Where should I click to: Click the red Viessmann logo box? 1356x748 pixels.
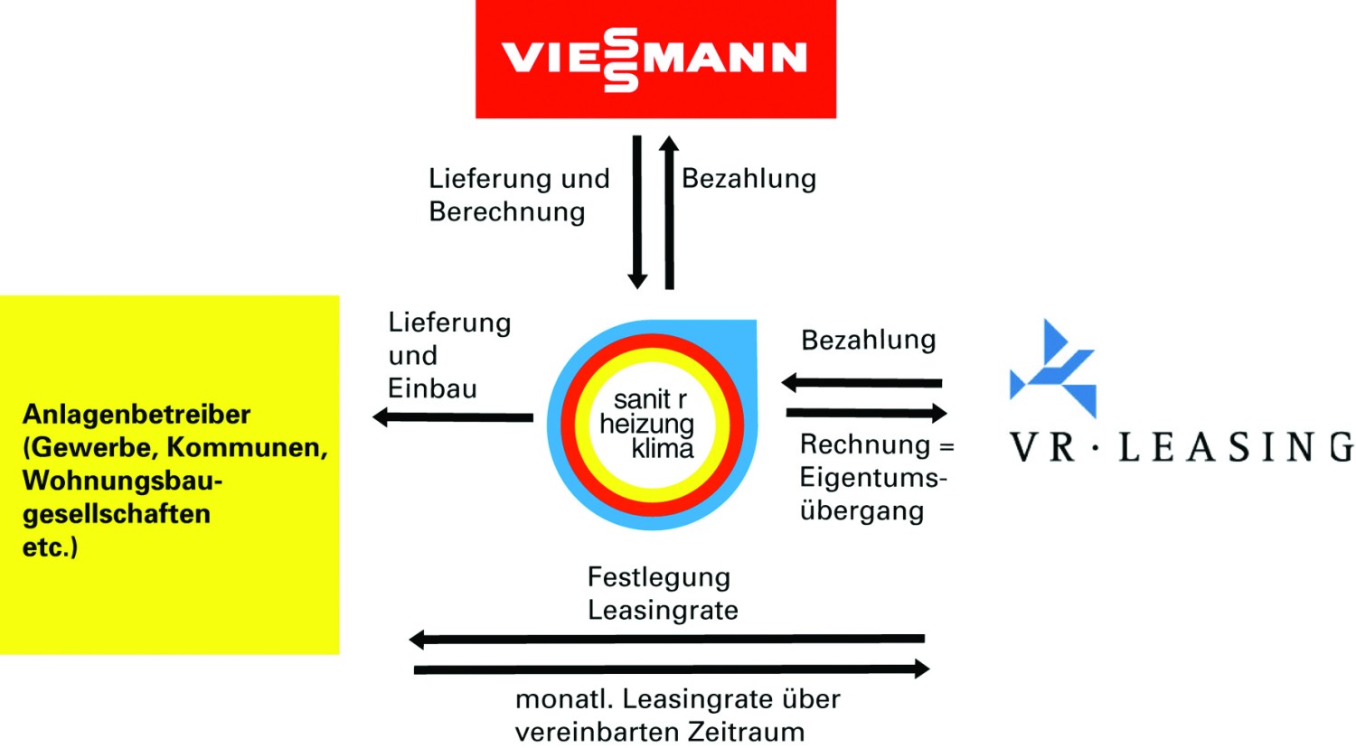click(x=655, y=59)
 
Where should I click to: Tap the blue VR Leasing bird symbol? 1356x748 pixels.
click(x=1053, y=368)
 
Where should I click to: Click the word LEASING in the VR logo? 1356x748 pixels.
click(x=1235, y=447)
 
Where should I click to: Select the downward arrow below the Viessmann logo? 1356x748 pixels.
click(x=636, y=211)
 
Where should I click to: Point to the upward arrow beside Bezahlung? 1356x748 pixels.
click(x=669, y=212)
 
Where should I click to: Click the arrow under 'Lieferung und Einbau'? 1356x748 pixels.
click(x=453, y=417)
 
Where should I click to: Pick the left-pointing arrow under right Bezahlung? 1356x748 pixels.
click(x=862, y=382)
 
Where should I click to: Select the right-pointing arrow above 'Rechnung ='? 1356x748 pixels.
click(x=867, y=414)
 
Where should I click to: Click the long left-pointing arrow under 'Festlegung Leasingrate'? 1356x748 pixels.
click(x=667, y=639)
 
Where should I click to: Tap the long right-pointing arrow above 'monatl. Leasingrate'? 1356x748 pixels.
click(x=672, y=669)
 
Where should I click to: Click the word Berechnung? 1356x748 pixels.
click(x=507, y=212)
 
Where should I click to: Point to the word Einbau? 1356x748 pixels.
click(x=432, y=388)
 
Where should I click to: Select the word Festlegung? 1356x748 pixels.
click(x=659, y=578)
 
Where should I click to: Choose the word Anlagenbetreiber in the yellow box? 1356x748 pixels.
click(x=137, y=416)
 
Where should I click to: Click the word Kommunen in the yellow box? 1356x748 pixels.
click(x=247, y=448)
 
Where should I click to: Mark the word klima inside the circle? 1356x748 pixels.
click(x=663, y=449)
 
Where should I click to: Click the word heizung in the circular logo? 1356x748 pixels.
click(x=646, y=425)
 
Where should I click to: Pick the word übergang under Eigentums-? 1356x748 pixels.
click(x=862, y=510)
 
